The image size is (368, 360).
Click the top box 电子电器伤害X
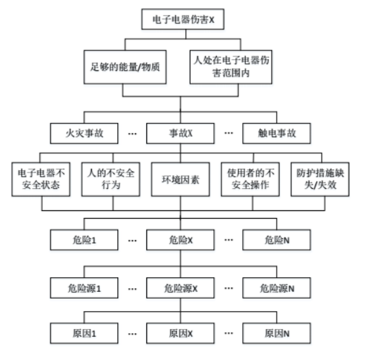click(x=183, y=19)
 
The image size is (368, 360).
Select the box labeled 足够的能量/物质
click(x=125, y=67)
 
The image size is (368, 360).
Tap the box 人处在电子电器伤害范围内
click(x=231, y=67)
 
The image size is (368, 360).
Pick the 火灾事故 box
click(x=84, y=133)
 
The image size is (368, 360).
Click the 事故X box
click(x=180, y=133)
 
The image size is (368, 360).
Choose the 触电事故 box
click(x=277, y=133)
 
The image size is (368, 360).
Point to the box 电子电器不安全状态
click(x=41, y=179)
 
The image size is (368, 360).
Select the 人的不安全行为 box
click(x=110, y=179)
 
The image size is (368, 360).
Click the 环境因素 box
click(x=180, y=179)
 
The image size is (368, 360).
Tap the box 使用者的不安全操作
click(x=250, y=179)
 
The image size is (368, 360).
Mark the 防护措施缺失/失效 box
click(x=320, y=179)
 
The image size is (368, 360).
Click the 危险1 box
click(x=84, y=240)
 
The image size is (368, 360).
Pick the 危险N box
click(x=277, y=240)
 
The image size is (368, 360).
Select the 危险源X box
click(x=180, y=288)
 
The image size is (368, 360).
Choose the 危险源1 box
click(x=84, y=288)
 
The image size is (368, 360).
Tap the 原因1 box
click(x=84, y=333)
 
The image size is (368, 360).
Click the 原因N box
click(x=277, y=333)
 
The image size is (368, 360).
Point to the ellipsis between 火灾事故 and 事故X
click(x=133, y=134)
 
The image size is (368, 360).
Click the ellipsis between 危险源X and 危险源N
click(x=229, y=288)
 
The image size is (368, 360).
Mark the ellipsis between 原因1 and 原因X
click(x=133, y=334)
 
